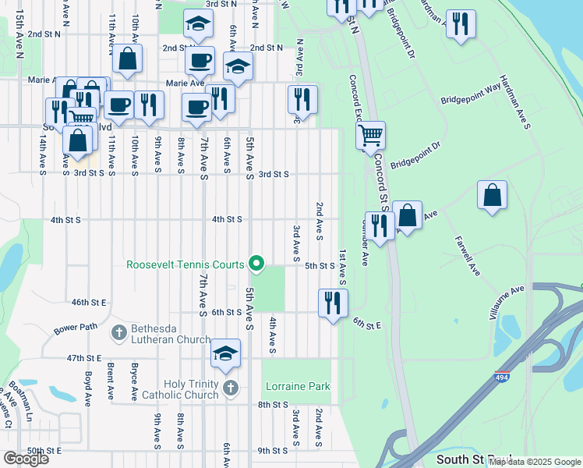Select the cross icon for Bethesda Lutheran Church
tap(118, 333)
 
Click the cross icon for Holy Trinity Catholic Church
tap(229, 388)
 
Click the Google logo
tap(26, 459)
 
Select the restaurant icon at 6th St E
tap(334, 303)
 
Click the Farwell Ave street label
tap(466, 255)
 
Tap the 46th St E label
tap(88, 302)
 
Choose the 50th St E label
tap(44, 451)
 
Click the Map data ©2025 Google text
tap(535, 462)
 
